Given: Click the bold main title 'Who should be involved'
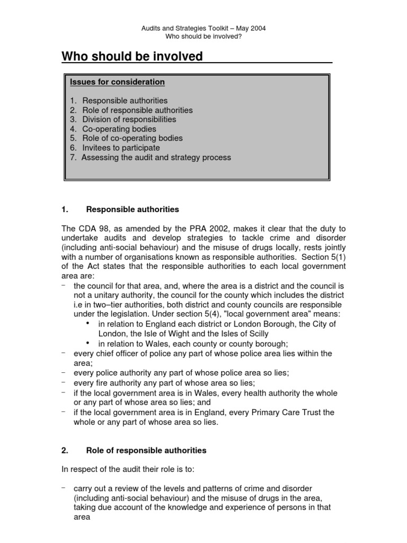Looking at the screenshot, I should (x=132, y=56).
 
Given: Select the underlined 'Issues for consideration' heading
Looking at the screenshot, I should (x=117, y=82).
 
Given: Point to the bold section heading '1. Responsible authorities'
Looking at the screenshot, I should (x=132, y=209).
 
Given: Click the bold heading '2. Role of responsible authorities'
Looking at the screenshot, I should (x=146, y=451).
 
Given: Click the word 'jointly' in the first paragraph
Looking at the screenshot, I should (x=333, y=247).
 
